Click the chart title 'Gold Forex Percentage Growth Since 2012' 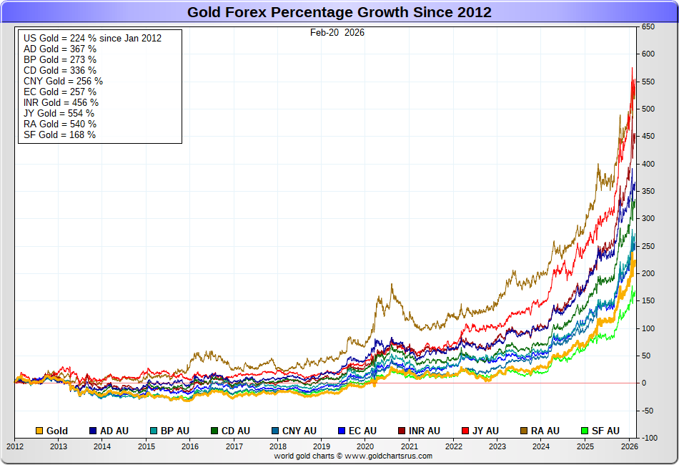339,12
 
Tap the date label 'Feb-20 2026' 337,32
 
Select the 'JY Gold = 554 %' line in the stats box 59,113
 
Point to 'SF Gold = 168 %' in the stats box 59,134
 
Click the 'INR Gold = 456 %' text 61,102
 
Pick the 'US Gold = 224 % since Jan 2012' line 92,38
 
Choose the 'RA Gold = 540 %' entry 60,124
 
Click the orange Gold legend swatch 40,431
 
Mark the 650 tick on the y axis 648,26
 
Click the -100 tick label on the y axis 648,437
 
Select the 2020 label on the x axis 365,446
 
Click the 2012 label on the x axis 15,446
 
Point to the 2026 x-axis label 629,446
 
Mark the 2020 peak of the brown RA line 392,285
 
